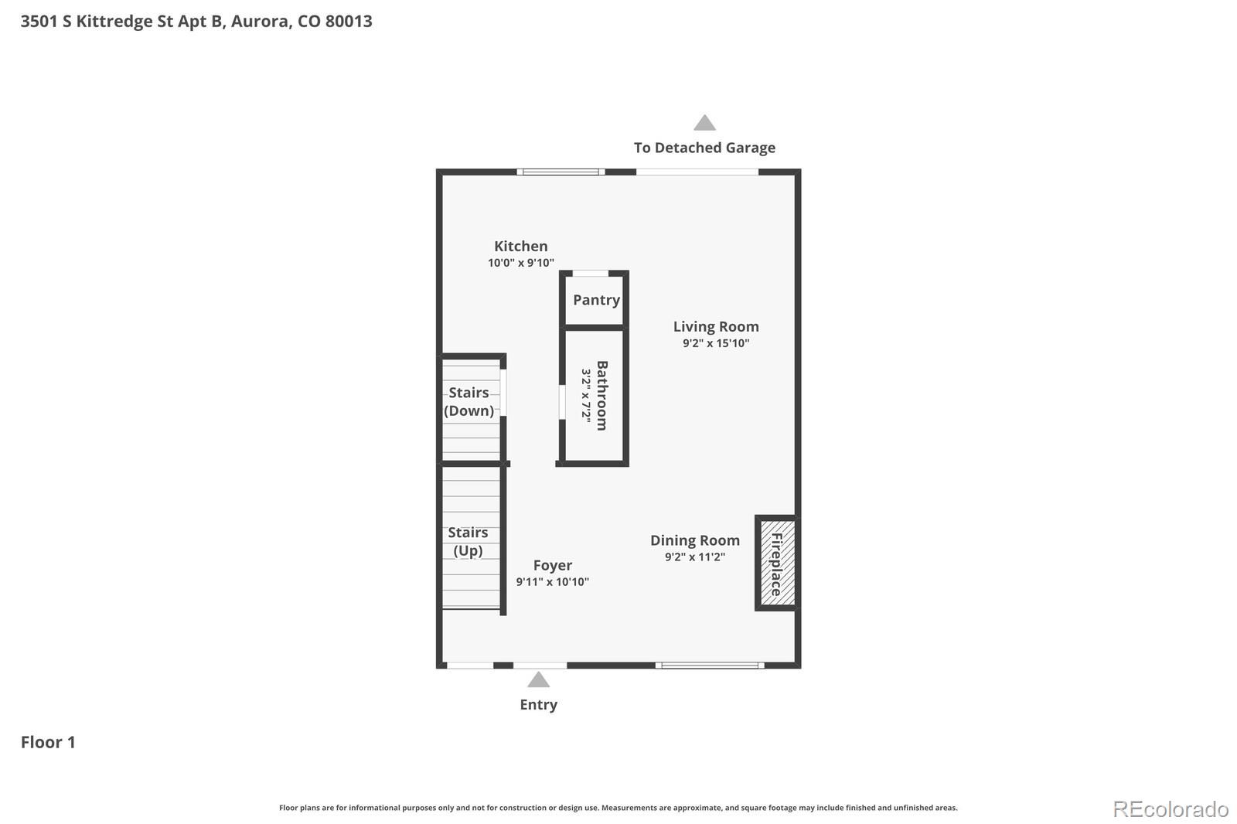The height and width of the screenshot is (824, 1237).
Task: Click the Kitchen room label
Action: [x=520, y=246]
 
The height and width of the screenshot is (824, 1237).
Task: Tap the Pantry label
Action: [x=596, y=300]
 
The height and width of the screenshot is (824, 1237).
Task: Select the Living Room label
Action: [x=715, y=326]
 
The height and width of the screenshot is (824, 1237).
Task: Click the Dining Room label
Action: [x=694, y=540]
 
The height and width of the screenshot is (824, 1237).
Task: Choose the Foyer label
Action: [x=552, y=565]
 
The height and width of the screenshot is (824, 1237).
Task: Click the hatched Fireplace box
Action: [x=776, y=562]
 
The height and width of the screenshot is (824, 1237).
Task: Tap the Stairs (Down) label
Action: [x=469, y=401]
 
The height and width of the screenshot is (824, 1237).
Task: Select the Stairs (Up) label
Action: [x=468, y=541]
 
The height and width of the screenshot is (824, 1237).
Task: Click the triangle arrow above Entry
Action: [x=538, y=680]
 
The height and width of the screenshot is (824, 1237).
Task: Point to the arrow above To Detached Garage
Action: [x=704, y=123]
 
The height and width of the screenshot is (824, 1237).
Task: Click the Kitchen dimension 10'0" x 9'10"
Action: [x=520, y=263]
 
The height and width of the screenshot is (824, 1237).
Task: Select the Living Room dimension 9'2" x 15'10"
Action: [x=715, y=343]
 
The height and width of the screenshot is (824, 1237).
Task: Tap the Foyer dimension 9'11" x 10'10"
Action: [x=552, y=582]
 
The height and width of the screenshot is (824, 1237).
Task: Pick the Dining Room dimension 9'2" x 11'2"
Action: [x=694, y=557]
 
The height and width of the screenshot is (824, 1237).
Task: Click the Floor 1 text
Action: [x=48, y=742]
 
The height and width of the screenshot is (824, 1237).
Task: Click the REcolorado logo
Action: [x=1170, y=809]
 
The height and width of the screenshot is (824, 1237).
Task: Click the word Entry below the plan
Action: [x=538, y=704]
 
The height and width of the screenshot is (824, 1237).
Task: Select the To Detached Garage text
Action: [x=704, y=148]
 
